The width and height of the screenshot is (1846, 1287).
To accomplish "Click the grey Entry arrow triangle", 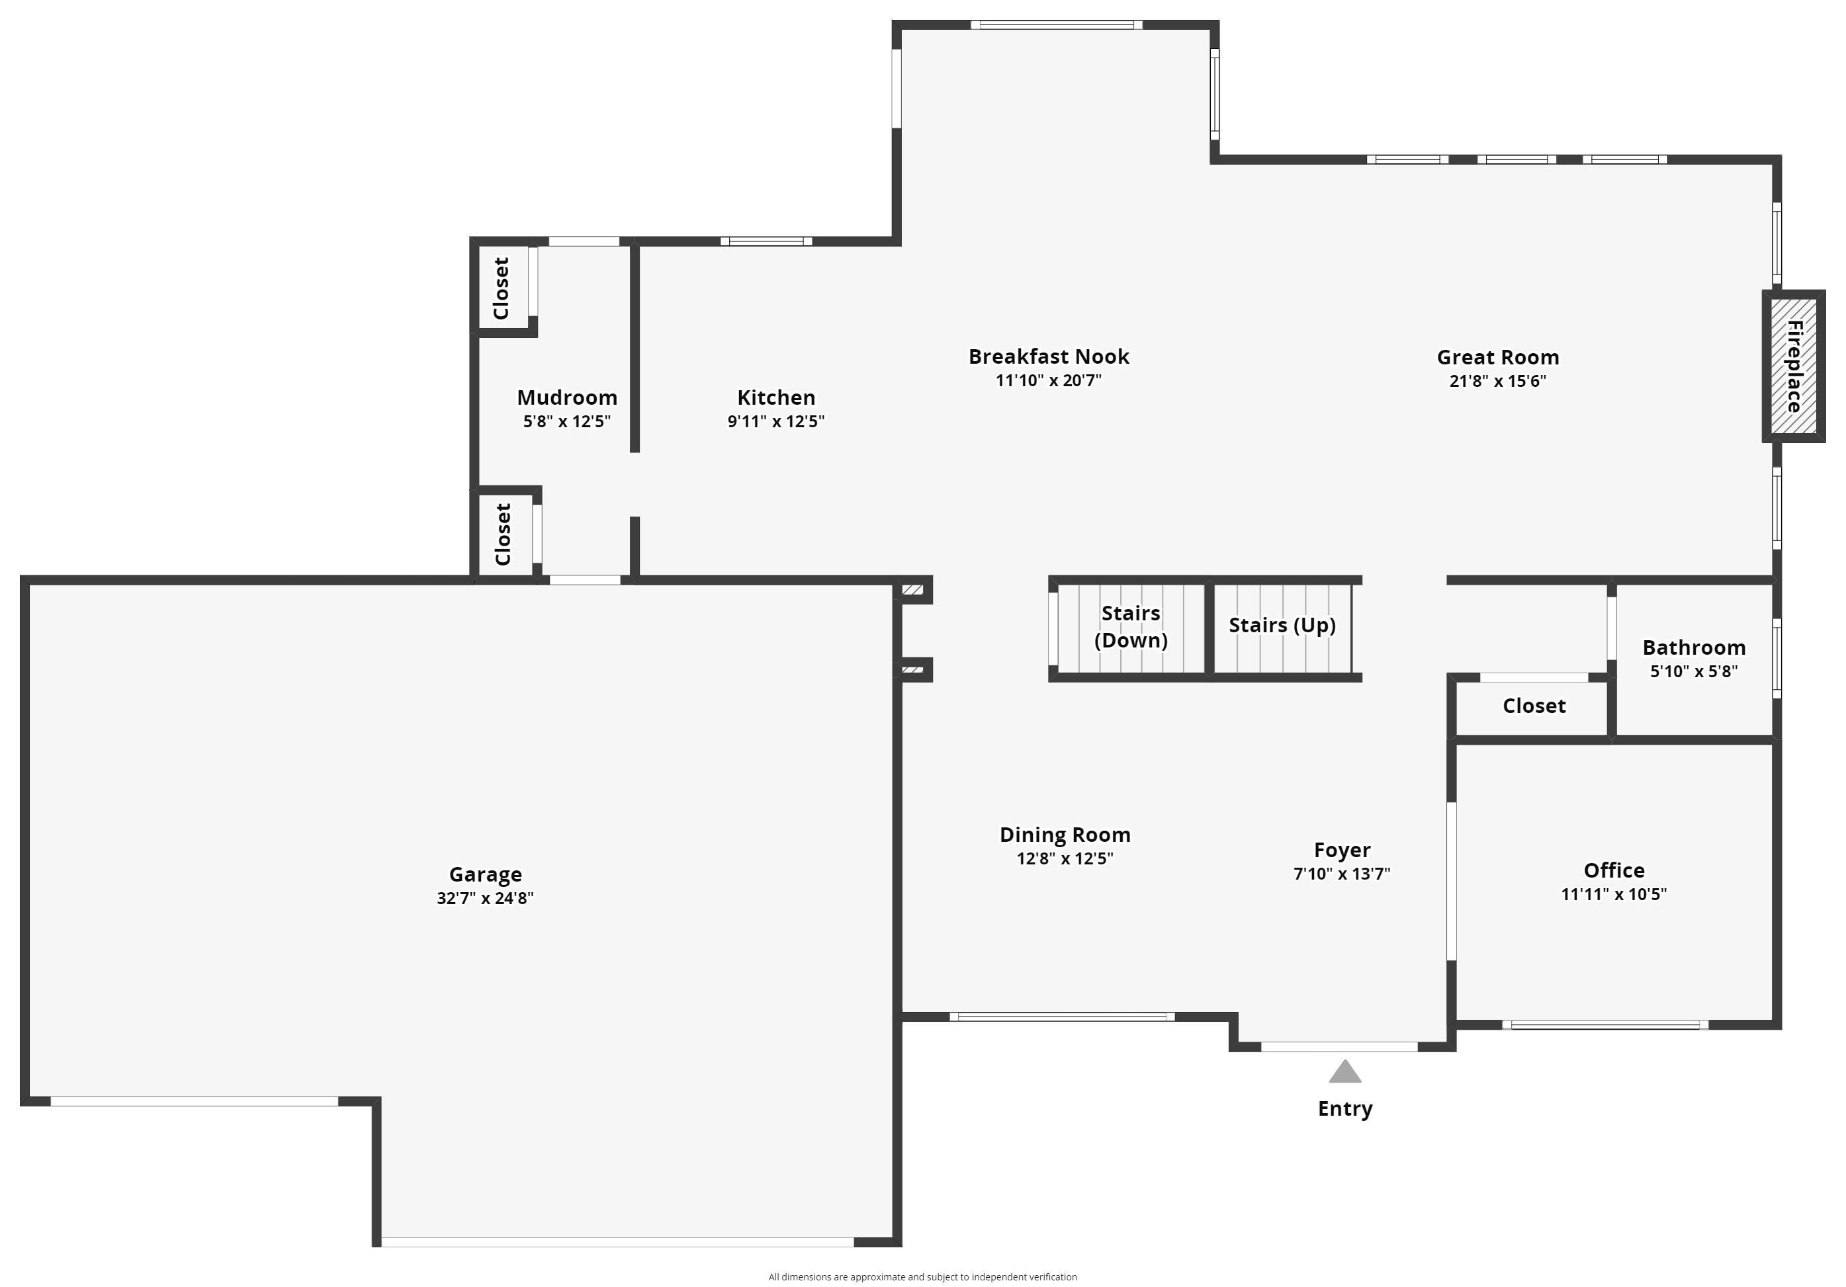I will tap(1344, 1072).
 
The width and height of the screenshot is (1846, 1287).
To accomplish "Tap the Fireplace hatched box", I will tap(1794, 366).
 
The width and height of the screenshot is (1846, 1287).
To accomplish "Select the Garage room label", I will tap(485, 874).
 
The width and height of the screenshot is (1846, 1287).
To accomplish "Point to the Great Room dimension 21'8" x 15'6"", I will tap(1497, 381).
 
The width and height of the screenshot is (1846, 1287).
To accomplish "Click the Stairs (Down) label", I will tap(1131, 626).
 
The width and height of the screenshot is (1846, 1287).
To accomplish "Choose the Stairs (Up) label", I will tap(1282, 626).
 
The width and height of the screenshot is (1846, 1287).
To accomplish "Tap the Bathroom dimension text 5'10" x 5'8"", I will tap(1693, 671).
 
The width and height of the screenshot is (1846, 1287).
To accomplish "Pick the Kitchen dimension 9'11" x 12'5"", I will tap(776, 421).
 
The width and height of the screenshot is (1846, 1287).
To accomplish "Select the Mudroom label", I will tap(567, 397).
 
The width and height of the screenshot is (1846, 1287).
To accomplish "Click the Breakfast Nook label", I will tap(1049, 356).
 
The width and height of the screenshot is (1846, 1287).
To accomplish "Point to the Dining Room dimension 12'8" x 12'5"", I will tap(1065, 858).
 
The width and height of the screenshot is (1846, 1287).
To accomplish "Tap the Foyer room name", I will tap(1341, 850).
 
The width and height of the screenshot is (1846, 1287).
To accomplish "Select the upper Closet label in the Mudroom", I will tap(501, 288).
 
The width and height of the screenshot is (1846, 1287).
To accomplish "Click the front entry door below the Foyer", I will tap(1339, 1047).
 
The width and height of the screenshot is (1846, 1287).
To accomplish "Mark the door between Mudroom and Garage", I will tap(584, 579).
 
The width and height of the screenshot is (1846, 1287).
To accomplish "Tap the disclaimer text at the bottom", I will tap(922, 1276).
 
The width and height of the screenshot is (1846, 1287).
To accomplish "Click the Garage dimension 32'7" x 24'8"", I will tap(485, 898).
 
